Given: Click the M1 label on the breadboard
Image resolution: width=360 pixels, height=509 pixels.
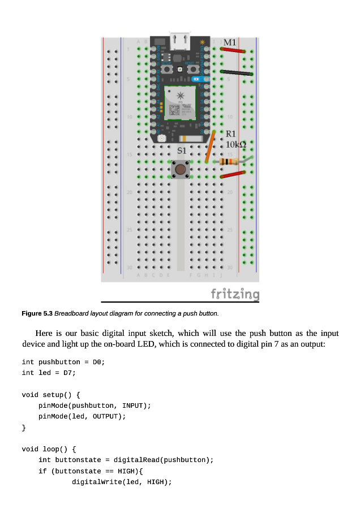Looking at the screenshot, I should tap(230, 42).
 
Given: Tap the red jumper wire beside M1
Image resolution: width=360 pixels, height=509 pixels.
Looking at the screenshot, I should tap(233, 50).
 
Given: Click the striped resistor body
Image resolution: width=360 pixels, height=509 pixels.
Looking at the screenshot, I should tap(228, 162).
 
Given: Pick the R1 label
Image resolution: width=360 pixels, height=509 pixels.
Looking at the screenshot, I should tap(231, 134).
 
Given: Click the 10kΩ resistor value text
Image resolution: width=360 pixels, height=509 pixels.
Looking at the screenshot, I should tap(236, 145).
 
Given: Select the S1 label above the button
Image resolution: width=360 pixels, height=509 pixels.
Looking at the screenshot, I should tap(182, 151).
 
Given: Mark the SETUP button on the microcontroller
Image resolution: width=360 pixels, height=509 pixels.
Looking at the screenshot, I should tap(168, 69).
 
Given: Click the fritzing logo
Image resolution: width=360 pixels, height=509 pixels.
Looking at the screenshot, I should tap(235, 294).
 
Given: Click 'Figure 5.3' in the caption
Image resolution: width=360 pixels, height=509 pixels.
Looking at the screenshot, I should tap(37, 313).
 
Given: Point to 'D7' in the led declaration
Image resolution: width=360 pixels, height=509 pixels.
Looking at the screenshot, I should tap(70, 373).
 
